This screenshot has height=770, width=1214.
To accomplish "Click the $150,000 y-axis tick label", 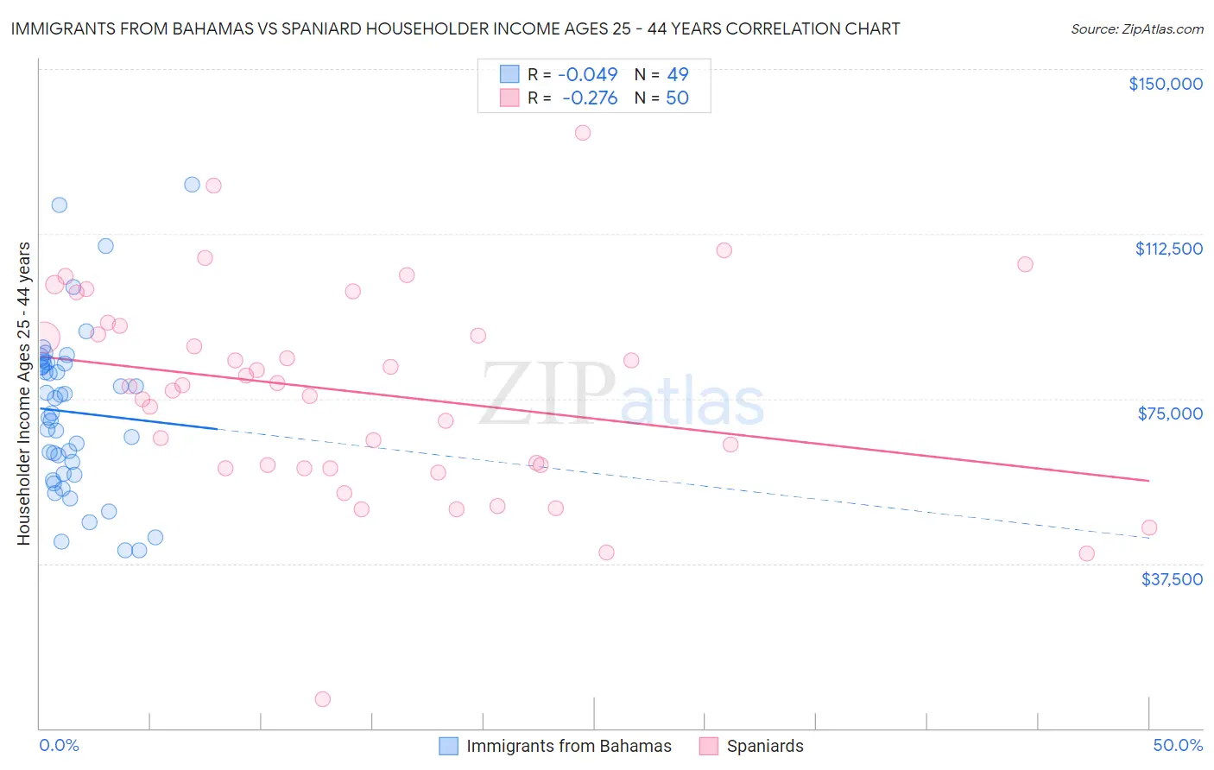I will pyautogui.click(x=1165, y=84).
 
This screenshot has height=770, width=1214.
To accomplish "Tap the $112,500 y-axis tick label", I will pyautogui.click(x=1168, y=249).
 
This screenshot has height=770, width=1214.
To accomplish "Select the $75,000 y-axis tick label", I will pyautogui.click(x=1170, y=413).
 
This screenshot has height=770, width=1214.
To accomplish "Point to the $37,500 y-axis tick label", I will pyautogui.click(x=1172, y=579).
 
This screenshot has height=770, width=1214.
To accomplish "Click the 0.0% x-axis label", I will pyautogui.click(x=59, y=745).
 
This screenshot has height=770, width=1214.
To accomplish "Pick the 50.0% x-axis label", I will pyautogui.click(x=1177, y=745).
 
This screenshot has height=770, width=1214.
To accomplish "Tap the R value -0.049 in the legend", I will pyautogui.click(x=588, y=74).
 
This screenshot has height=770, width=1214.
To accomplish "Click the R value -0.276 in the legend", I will pyautogui.click(x=590, y=98).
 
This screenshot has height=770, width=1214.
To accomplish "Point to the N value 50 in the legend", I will pyautogui.click(x=677, y=98).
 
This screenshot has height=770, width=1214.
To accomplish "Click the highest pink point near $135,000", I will pyautogui.click(x=583, y=133).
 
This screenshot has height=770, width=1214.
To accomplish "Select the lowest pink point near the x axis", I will pyautogui.click(x=323, y=699).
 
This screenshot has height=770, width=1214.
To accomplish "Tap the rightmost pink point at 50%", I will pyautogui.click(x=1148, y=527).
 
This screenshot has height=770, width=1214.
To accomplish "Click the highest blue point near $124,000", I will pyautogui.click(x=193, y=185).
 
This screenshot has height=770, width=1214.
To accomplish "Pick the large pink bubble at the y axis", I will pyautogui.click(x=43, y=338).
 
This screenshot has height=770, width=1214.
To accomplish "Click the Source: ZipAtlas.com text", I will pyautogui.click(x=1136, y=29).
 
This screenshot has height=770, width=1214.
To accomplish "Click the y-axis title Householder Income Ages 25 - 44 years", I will pyautogui.click(x=23, y=394).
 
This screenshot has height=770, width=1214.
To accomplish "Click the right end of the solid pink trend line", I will pyautogui.click(x=1148, y=480).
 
